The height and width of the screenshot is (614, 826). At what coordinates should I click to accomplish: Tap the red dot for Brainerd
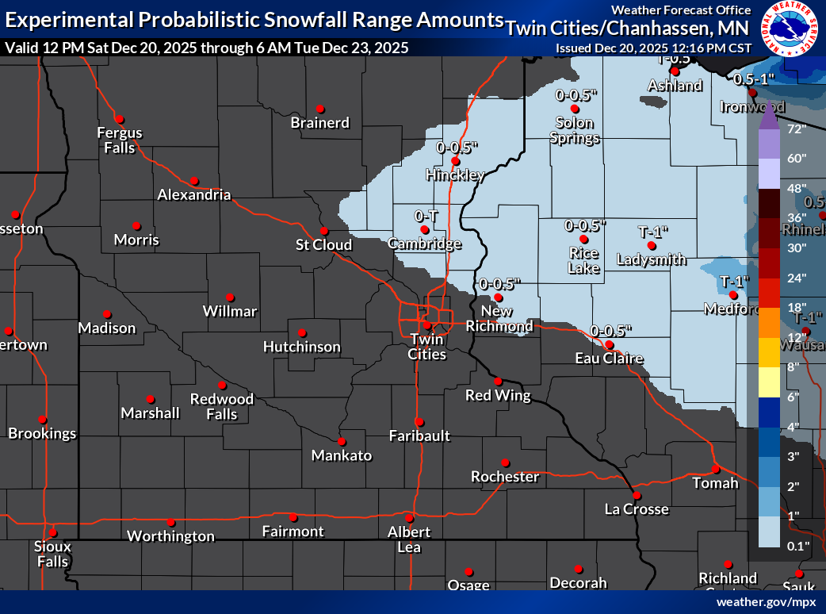(320, 109)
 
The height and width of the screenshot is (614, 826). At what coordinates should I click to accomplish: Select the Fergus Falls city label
(120, 140)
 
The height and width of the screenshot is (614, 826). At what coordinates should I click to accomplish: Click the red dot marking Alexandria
(193, 181)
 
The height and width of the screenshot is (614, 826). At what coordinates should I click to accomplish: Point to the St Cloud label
(323, 244)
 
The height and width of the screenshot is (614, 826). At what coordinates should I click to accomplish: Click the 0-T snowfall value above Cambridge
(426, 215)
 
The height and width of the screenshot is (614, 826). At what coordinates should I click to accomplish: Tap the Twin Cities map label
(427, 347)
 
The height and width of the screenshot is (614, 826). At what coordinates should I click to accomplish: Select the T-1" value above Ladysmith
(654, 232)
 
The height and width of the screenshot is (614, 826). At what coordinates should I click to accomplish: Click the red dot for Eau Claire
(608, 345)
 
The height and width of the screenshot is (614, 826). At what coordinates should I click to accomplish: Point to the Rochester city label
(505, 477)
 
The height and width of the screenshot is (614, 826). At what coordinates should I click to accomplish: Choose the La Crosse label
(637, 509)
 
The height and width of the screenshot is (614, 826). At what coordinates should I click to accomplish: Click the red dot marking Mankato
(342, 442)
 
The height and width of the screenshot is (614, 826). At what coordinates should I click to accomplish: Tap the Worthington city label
(171, 536)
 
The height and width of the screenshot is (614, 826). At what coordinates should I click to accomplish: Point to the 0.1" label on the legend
(797, 546)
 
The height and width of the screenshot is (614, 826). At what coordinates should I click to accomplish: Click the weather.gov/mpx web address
(766, 602)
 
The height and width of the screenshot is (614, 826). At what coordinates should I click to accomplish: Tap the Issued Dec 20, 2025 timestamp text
(653, 48)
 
